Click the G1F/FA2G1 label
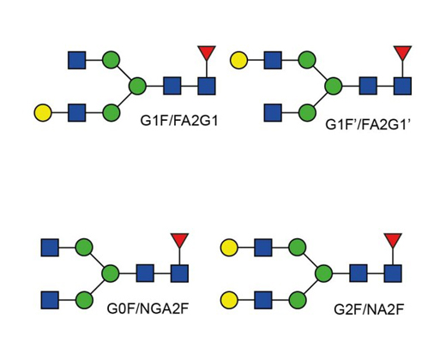[x=179, y=121]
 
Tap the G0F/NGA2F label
[x=148, y=309]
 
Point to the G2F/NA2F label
[x=369, y=309]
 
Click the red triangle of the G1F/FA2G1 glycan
[x=207, y=52]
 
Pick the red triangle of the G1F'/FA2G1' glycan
[x=402, y=52]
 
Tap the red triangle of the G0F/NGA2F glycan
[x=179, y=240]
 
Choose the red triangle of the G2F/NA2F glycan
[x=393, y=240]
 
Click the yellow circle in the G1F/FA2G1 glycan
[x=43, y=112]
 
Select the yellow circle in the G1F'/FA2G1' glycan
[x=238, y=60]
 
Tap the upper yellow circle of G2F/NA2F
[x=229, y=248]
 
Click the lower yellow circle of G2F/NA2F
[x=229, y=300]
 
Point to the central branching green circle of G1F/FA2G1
[x=137, y=86]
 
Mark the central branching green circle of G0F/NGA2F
[x=111, y=273]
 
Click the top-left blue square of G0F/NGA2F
[x=50, y=248]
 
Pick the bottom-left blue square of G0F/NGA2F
[x=50, y=300]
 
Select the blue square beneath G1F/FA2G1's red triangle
[x=207, y=86]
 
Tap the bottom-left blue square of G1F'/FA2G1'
[x=273, y=112]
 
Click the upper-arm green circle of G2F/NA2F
[x=298, y=248]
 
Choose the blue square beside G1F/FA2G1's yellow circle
[x=77, y=112]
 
